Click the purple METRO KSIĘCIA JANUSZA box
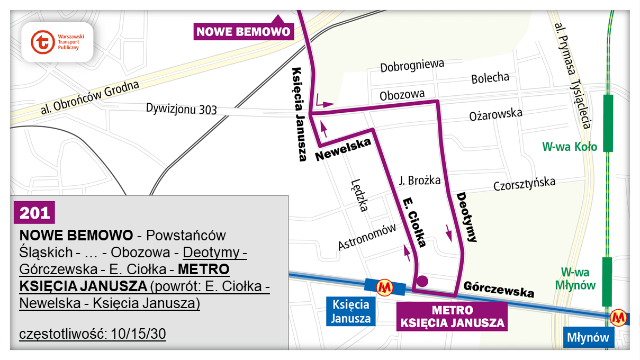click(x=452, y=317)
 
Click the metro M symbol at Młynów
click(x=618, y=318)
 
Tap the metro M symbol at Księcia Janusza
click(x=384, y=287)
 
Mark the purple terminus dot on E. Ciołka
click(x=422, y=281)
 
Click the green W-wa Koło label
click(x=570, y=146)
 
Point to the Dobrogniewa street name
click(x=412, y=66)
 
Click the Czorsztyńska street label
click(x=524, y=184)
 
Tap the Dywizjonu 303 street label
click(x=182, y=109)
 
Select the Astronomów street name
click(x=367, y=237)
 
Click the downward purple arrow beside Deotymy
click(x=449, y=232)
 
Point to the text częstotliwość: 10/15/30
click(x=93, y=335)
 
